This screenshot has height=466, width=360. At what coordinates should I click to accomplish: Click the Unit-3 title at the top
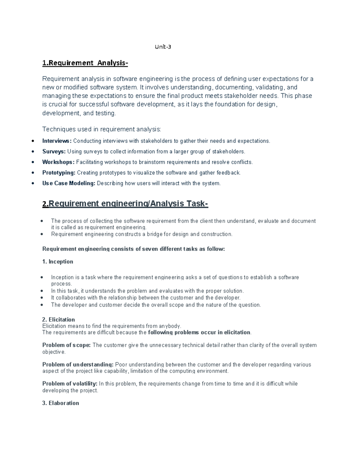[x=163, y=47]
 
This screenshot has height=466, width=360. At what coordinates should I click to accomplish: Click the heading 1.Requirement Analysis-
[x=85, y=63]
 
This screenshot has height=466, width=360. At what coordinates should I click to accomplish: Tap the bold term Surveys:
[x=54, y=152]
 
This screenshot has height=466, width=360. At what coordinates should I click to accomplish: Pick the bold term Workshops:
[x=58, y=162]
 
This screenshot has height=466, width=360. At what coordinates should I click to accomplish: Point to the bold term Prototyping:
[x=59, y=173]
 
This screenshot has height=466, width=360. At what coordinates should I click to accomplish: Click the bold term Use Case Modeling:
[x=69, y=183]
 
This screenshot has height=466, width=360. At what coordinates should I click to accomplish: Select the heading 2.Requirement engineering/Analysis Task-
[x=125, y=204]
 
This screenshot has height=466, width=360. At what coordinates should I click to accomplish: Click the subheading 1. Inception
[x=58, y=262]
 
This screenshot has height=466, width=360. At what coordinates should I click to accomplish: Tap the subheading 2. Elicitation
[x=58, y=320]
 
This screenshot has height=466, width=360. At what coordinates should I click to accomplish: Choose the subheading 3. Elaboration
[x=61, y=403]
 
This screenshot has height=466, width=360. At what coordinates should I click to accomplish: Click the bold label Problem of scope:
[x=66, y=345]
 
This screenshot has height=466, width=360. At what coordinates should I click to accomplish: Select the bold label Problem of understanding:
[x=78, y=365]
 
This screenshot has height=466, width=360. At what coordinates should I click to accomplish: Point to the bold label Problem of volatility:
[x=70, y=384]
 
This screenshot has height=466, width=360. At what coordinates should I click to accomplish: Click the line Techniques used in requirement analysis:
[x=102, y=129]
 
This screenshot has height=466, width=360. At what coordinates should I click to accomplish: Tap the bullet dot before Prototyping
[x=33, y=173]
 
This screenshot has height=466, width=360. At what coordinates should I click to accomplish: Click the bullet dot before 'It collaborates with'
[x=42, y=298]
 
